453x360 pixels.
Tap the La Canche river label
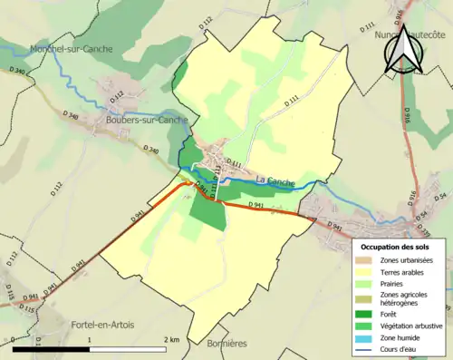coord(275,180)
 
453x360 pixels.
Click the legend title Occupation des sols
coord(395,246)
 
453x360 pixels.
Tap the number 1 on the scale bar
coord(89,339)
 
